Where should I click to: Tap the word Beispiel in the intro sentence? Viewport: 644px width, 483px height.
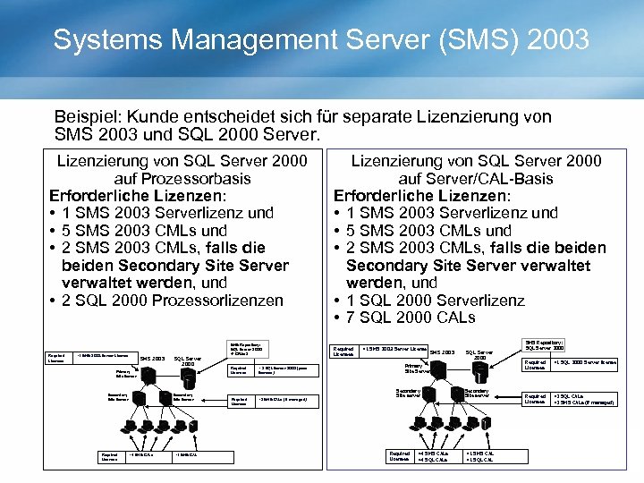88,117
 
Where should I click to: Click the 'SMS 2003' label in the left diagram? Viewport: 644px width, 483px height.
153,359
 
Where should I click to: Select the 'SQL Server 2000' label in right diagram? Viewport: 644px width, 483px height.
480,354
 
